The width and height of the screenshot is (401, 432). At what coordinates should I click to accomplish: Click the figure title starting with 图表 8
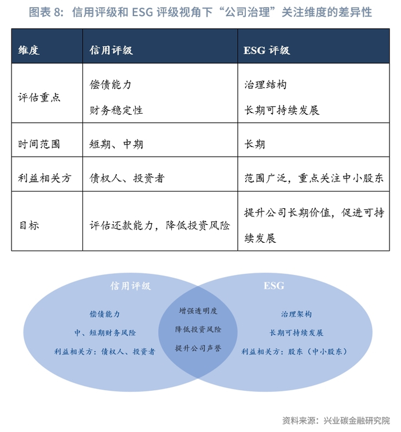click(200, 12)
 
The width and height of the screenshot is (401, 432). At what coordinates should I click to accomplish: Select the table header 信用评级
click(111, 50)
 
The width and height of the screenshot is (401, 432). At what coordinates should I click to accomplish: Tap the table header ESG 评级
click(267, 50)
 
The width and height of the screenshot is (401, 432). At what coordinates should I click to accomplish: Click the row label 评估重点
click(40, 98)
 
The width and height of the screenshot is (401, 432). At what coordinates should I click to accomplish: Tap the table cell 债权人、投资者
click(127, 178)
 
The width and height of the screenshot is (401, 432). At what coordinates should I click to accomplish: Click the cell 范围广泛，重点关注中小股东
click(313, 178)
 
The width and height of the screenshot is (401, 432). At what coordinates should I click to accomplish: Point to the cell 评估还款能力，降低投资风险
click(160, 225)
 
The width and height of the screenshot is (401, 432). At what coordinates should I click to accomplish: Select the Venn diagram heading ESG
click(274, 285)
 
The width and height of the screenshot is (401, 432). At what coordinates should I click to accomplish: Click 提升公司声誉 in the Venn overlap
click(198, 348)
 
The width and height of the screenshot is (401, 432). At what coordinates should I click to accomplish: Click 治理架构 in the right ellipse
click(296, 314)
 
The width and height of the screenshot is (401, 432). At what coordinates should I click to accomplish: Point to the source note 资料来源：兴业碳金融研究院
click(336, 420)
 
